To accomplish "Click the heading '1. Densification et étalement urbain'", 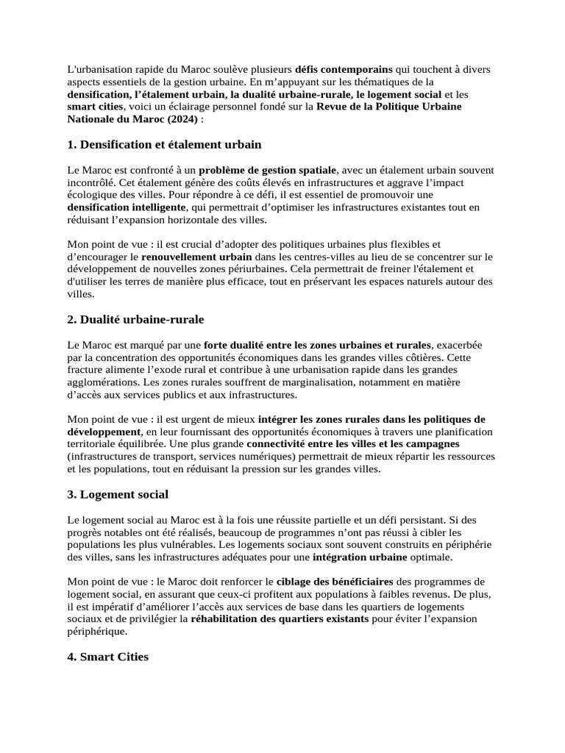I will click(x=164, y=144).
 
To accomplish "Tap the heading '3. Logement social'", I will click(x=118, y=494).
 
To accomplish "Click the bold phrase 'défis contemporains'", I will click(x=344, y=69).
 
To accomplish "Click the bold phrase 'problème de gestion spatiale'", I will click(x=268, y=170).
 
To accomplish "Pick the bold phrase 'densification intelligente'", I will click(x=126, y=207).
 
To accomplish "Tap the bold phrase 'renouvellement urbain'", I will click(x=196, y=257).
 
